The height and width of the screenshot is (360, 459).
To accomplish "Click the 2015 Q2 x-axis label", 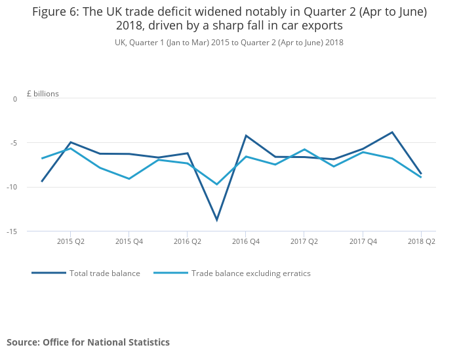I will point(71,241).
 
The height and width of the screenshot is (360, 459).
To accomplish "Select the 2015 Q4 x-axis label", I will point(129,241).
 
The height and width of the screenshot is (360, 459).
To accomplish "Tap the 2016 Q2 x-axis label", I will point(188,241).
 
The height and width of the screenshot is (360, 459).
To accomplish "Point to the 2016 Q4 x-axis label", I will point(245,241).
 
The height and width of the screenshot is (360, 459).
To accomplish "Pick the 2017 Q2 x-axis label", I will point(304,241).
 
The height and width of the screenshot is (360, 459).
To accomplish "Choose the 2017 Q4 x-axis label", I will point(363,241).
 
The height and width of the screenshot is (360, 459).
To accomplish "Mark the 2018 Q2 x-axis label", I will point(422,241).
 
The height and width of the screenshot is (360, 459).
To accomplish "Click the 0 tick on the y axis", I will point(15,99).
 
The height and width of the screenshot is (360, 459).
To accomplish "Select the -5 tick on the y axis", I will point(14,143).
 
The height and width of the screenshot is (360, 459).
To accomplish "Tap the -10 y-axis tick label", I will point(12,187).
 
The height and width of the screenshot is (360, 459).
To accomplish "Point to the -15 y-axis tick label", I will point(12,231).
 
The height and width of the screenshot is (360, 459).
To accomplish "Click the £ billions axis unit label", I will point(43,94).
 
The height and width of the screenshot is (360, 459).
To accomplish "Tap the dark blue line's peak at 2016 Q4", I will point(245,136).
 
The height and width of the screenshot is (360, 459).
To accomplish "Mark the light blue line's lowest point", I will point(216,184).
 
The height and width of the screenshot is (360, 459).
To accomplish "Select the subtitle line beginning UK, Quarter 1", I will point(229,43).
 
